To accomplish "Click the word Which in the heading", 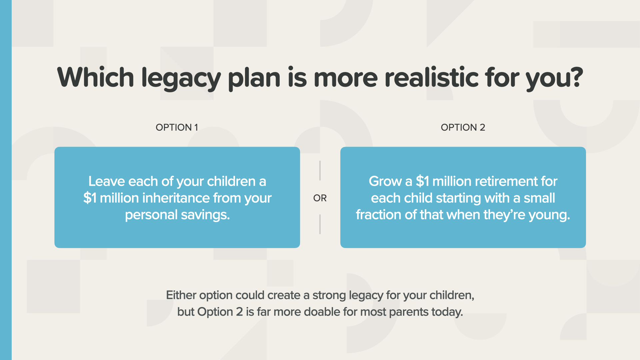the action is [96, 77].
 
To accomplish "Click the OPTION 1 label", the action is [177, 127].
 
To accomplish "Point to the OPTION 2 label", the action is [463, 127].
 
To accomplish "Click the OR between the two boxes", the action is [320, 198].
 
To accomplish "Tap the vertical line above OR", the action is [320, 171].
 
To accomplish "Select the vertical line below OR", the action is [320, 224].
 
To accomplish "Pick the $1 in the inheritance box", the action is [90, 198].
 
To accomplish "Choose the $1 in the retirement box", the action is [422, 181].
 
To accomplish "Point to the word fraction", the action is [379, 215].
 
